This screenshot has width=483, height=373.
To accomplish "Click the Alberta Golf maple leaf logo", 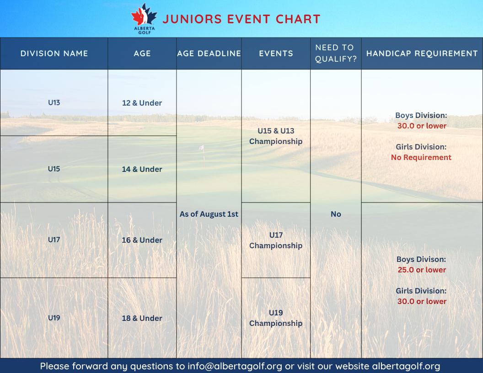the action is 144,18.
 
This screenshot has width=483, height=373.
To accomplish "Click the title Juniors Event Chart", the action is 241,19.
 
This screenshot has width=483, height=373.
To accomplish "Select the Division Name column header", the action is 54,53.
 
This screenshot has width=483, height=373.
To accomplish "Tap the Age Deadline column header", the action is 209,53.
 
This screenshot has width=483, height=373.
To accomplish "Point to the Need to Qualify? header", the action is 336,53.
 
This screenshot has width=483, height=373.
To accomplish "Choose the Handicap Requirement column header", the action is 422,53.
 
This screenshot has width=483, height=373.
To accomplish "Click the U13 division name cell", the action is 54,102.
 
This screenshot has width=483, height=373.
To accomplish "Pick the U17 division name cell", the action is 54,240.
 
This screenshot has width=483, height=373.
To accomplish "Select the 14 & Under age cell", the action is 142,169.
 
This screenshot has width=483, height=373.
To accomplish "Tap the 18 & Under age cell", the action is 142,318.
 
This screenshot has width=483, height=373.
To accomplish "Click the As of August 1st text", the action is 209,214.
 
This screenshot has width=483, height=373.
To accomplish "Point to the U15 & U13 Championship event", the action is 276,136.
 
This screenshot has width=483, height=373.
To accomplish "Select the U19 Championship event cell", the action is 276,318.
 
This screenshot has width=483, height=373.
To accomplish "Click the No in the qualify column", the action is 336,214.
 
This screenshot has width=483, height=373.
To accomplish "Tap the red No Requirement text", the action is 421,157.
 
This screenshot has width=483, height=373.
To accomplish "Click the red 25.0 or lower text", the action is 422,270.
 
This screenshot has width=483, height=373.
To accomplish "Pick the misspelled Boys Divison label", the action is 421,259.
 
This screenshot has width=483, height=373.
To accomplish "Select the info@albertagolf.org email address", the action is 235,366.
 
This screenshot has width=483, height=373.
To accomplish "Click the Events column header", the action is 276,53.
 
